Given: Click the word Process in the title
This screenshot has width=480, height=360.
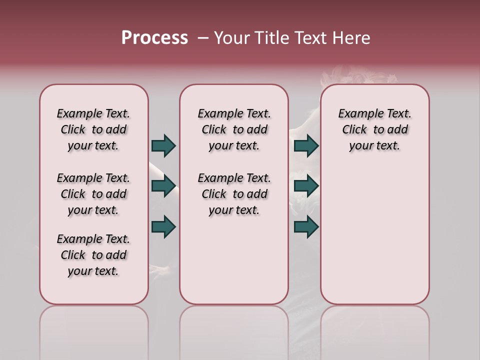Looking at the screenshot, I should pyautogui.click(x=154, y=38).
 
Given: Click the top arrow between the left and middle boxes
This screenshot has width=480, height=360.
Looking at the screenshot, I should pyautogui.click(x=163, y=145).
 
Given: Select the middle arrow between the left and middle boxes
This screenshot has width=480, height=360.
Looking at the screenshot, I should pyautogui.click(x=163, y=186).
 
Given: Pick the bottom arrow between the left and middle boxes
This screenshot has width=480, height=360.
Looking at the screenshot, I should pyautogui.click(x=163, y=226).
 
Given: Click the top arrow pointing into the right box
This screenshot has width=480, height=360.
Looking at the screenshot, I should pyautogui.click(x=306, y=145).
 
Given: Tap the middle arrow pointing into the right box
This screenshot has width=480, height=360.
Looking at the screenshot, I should pyautogui.click(x=306, y=186).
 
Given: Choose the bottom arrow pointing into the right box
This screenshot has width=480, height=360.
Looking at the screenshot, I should pyautogui.click(x=306, y=226).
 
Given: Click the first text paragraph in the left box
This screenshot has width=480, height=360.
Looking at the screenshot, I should pyautogui.click(x=93, y=129).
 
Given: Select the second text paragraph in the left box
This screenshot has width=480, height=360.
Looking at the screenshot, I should pyautogui.click(x=93, y=194).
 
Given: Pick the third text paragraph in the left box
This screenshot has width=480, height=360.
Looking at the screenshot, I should pyautogui.click(x=93, y=255).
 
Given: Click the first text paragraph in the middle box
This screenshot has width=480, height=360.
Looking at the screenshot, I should pyautogui.click(x=234, y=129).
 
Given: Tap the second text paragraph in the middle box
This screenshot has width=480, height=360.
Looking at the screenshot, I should pyautogui.click(x=234, y=194).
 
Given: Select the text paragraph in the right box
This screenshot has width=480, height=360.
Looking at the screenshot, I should pyautogui.click(x=374, y=129).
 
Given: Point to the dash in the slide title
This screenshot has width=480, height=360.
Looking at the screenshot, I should pyautogui.click(x=203, y=38).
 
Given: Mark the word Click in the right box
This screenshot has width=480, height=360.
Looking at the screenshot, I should pyautogui.click(x=354, y=129).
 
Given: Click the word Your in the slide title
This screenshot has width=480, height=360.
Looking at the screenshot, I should pyautogui.click(x=230, y=38).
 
